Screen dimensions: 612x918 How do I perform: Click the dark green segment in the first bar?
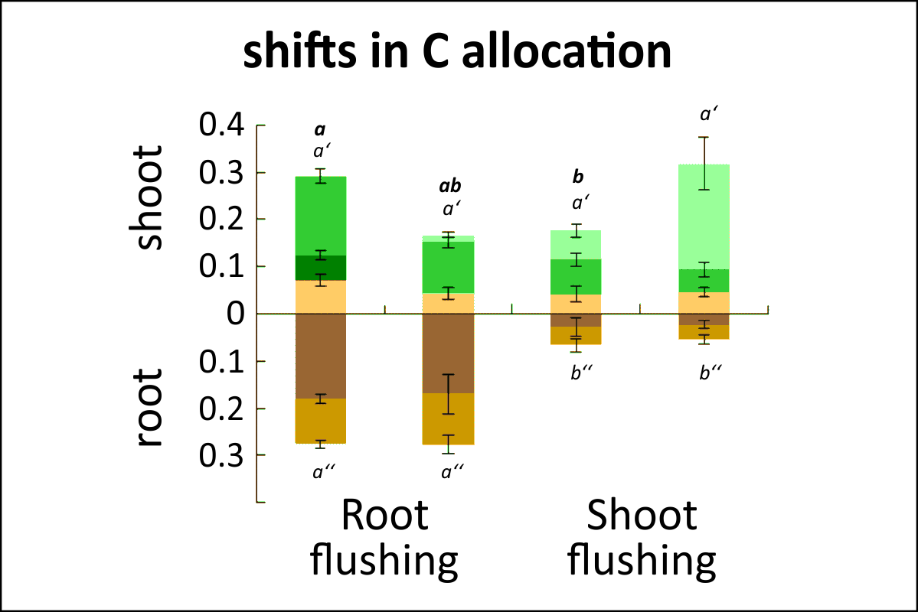pos(322,268)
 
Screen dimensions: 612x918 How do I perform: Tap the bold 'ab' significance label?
pos(449,186)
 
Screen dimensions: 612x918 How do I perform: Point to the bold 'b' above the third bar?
pos(578,177)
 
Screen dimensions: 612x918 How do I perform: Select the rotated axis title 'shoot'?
pos(150,197)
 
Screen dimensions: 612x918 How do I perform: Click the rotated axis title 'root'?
pos(150,409)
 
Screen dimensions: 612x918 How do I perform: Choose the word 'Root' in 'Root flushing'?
pos(384,516)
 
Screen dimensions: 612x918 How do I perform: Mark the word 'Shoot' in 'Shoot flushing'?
pos(642,516)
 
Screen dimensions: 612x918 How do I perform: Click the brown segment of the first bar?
pos(322,356)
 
